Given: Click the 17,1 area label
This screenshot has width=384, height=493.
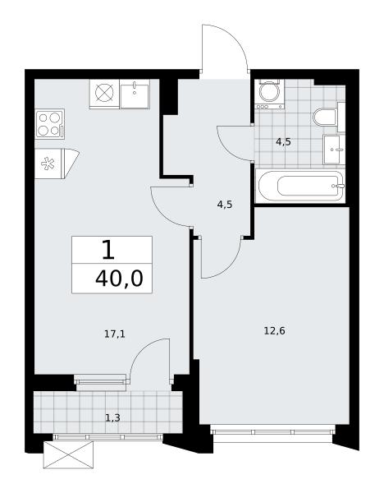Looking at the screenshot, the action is [x=115, y=334].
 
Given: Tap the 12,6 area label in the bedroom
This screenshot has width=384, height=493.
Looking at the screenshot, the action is [x=274, y=331].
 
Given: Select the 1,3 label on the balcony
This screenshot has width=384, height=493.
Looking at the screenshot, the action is [x=112, y=418].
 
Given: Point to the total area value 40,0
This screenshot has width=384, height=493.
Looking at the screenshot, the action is [x=119, y=279].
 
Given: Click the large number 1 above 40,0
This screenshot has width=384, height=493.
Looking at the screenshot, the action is [x=108, y=250].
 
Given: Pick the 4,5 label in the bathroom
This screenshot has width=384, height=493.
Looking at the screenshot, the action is [x=283, y=142].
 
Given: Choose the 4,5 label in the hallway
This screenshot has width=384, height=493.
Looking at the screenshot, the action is [x=225, y=205].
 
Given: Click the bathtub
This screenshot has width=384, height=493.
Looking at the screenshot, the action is [x=301, y=186].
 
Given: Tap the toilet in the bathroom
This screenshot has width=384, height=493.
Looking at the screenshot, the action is [x=325, y=117].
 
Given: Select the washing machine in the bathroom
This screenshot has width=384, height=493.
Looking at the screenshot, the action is [x=269, y=94].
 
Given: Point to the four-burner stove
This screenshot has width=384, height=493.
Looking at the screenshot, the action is [x=50, y=124].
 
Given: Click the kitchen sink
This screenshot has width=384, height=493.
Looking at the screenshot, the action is [x=135, y=94].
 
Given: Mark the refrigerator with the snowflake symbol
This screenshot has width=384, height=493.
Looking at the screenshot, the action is [x=57, y=164].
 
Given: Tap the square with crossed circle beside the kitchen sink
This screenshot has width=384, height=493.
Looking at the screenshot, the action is [x=104, y=94].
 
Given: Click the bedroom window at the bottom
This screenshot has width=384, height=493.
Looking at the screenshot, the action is [x=272, y=432].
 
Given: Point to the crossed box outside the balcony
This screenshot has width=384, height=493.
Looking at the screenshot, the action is [x=68, y=454].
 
